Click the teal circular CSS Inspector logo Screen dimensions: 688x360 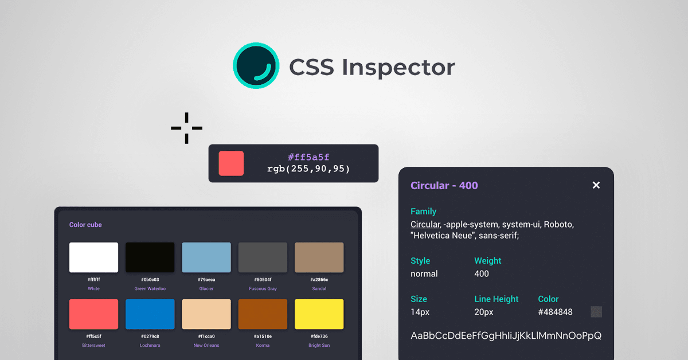point(256,65)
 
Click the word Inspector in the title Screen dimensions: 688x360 point(398,68)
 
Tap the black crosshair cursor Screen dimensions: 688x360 point(186,128)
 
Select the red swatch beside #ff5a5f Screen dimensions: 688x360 point(231,163)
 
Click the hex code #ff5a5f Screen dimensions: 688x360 point(308,157)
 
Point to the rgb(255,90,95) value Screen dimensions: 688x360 point(308,169)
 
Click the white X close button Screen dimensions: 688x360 point(596,185)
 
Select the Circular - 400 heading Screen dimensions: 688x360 point(444,186)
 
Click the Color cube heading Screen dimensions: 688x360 point(85,225)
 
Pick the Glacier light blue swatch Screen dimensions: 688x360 point(206,257)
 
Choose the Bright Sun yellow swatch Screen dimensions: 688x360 point(319,314)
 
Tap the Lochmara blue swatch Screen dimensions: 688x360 point(150,314)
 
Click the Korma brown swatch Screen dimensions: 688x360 point(263,314)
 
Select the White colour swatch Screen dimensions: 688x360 point(93,257)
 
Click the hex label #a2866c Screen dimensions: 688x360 point(319,280)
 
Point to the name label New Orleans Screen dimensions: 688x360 point(206,345)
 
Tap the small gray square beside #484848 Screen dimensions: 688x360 point(596,312)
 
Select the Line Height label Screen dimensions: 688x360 point(497,299)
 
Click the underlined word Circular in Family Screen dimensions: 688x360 point(425,224)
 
